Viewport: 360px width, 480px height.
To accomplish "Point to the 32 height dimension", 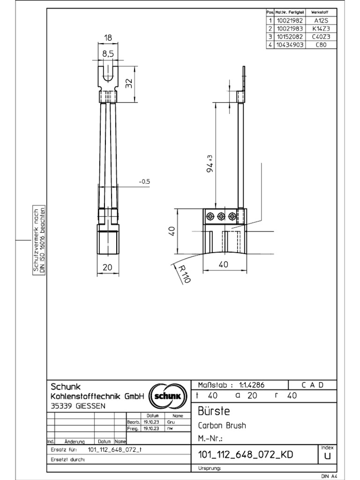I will coord(130,83).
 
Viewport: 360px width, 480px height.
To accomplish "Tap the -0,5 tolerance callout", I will coord(144,181).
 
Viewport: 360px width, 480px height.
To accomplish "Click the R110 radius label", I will coord(181,273).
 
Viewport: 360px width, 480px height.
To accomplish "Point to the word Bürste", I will coord(214,412).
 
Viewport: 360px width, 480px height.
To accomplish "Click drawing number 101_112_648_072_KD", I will coord(246,455).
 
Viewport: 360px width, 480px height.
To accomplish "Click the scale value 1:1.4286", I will coord(252,385).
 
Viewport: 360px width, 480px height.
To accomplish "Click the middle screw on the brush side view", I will coord(221,216).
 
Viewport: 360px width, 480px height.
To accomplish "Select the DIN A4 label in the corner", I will coord(329,476).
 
